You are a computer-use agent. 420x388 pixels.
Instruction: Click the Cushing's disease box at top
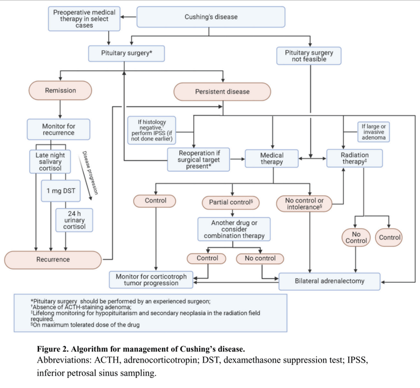[211, 17]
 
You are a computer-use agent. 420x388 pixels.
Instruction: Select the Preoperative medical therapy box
[84, 19]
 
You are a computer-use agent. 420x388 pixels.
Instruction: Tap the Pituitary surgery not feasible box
[309, 56]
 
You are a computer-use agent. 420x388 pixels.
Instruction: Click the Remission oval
[61, 91]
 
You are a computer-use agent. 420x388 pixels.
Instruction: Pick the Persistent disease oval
[222, 92]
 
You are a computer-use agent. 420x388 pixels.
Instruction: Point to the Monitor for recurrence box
[58, 129]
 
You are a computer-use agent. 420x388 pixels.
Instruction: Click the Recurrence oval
[53, 260]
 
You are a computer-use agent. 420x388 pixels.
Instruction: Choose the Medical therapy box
[272, 159]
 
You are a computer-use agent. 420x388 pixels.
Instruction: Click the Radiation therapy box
[354, 158]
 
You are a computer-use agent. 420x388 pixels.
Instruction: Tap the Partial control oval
[231, 202]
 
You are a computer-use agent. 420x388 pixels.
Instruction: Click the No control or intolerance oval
[304, 204]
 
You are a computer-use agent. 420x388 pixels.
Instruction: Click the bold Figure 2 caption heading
[141, 350]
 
